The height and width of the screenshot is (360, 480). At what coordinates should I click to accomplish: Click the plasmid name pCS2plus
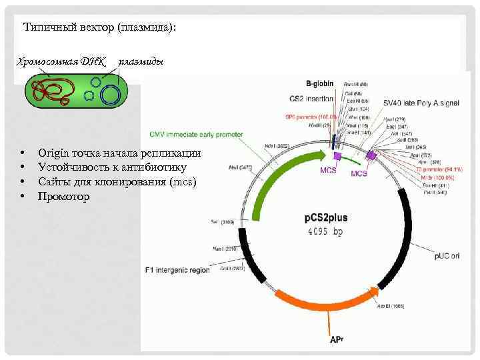(x=328, y=217)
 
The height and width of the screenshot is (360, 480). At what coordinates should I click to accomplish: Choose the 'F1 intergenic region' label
(x=177, y=270)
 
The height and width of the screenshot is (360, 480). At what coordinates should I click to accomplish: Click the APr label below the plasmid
(x=336, y=339)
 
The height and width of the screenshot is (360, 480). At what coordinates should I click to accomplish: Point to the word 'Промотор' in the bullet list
(x=63, y=197)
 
